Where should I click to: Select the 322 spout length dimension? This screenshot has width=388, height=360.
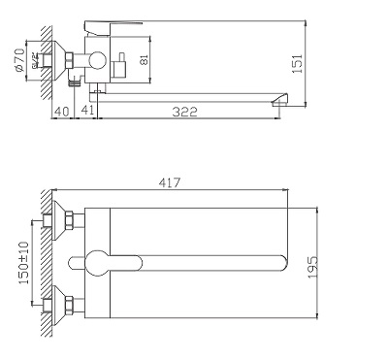pyautogui.click(x=185, y=112)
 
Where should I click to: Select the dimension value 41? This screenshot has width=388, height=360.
pyautogui.click(x=87, y=112)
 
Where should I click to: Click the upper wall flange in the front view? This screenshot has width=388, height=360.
pyautogui.click(x=67, y=222)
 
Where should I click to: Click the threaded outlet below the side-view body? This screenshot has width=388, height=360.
pyautogui.click(x=97, y=90)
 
